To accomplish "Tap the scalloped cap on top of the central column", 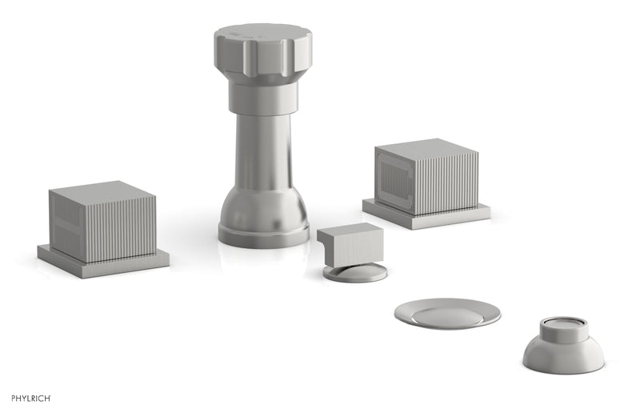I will tap(262, 48).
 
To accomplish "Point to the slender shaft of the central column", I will tap(263, 144).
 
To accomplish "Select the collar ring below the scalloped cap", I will tap(263, 96).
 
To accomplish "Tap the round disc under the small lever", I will tap(355, 273).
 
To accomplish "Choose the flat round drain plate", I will tap(447, 313).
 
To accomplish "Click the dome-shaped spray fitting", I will tap(563, 352).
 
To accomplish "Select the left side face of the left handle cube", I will tap(64, 227).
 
